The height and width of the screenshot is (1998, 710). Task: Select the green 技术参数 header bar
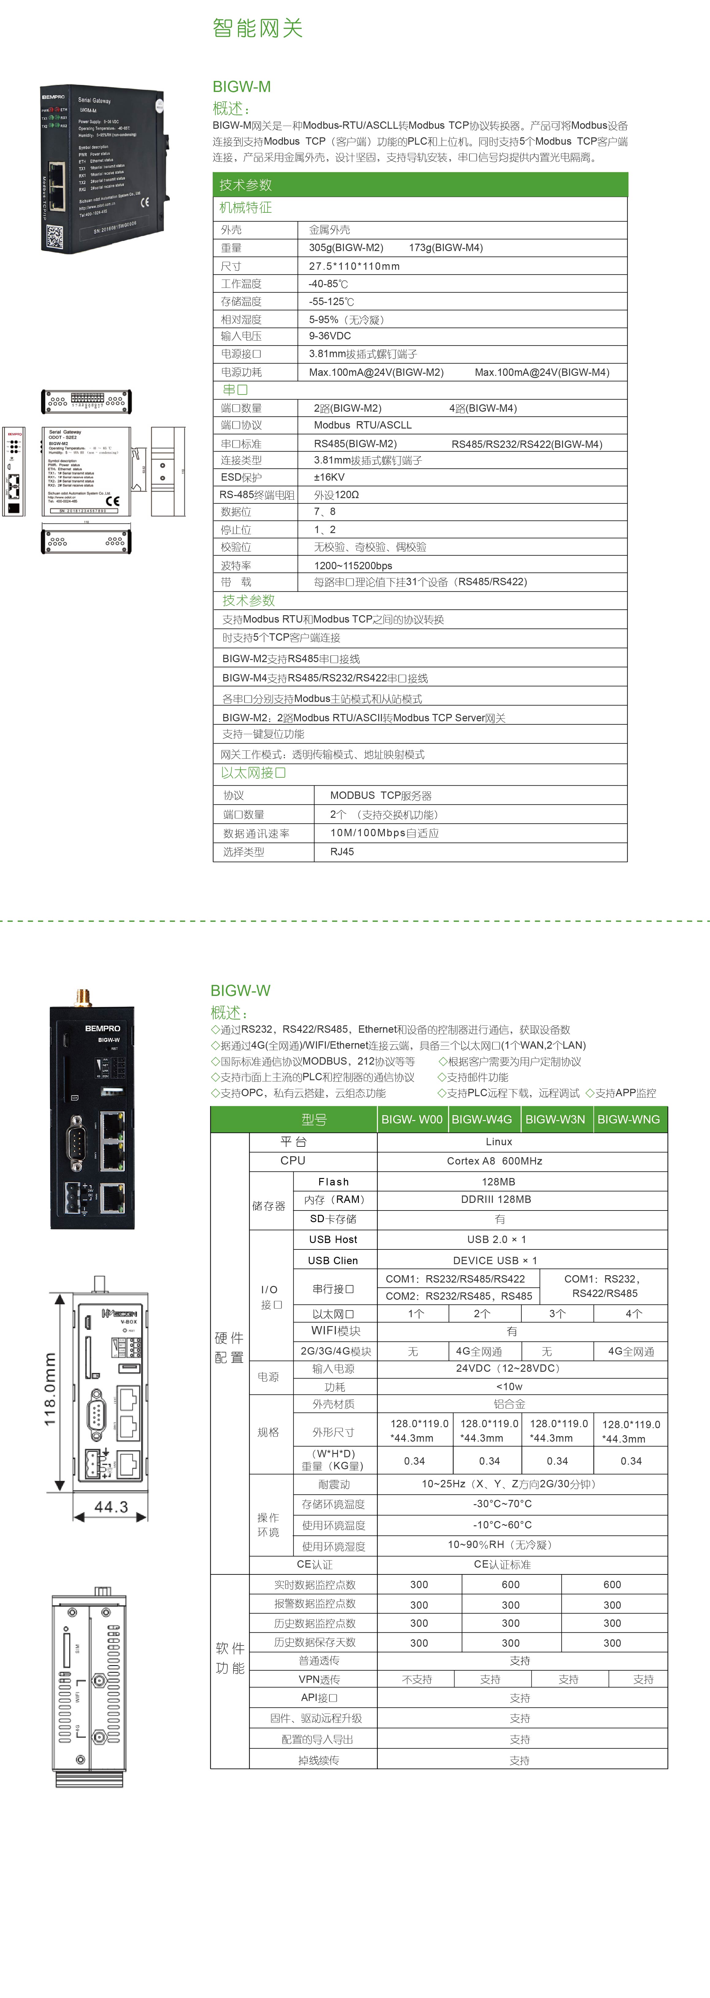419,185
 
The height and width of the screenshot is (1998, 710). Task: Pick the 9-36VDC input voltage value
329,336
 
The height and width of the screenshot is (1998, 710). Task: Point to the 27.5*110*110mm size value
354,266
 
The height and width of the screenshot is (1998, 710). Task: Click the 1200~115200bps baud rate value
353,566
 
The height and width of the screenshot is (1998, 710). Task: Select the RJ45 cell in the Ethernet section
342,852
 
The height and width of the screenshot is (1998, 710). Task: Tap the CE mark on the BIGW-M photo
144,202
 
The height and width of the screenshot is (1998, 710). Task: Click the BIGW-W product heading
240,990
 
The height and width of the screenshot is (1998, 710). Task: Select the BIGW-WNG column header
628,1119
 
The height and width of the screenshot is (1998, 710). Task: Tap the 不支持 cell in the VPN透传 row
417,1679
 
